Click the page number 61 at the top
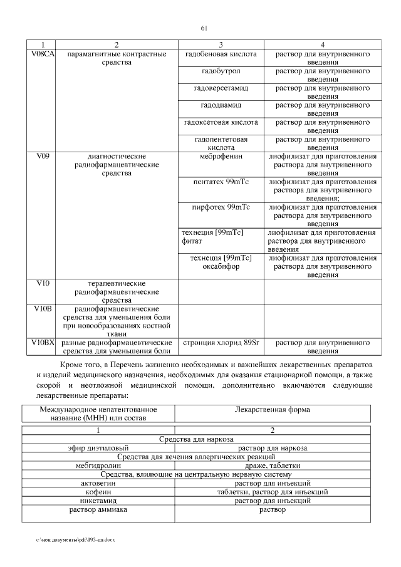[204, 28]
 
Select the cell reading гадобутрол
[221, 71]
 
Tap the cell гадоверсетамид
[221, 88]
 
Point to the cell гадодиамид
[221, 105]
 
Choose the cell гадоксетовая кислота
[221, 122]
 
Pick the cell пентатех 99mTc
[221, 182]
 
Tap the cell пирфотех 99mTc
[221, 207]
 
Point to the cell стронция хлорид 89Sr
[220, 343]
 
